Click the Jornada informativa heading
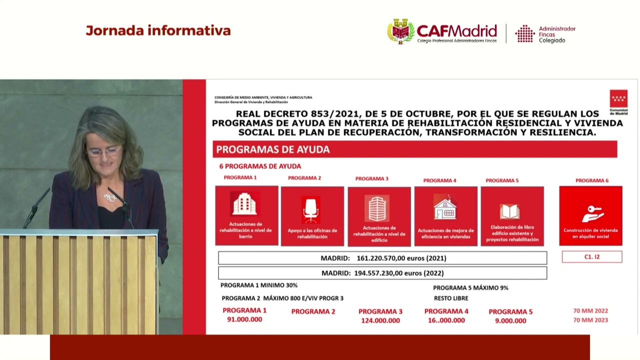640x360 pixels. coord(158,30)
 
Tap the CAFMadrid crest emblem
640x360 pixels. coord(400,31)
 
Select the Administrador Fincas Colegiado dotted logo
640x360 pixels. coord(525,33)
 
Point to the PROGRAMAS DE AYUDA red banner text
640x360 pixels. coord(273,149)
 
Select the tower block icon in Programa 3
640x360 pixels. coord(377,208)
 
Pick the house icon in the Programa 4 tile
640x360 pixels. coord(445,207)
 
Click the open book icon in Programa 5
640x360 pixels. coord(509,211)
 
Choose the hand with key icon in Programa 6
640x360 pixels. coord(592,213)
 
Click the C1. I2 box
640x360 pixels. coord(592,257)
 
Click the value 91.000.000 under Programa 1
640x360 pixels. coord(244,319)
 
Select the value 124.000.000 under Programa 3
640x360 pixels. coord(380,320)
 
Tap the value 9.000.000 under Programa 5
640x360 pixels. coord(510,321)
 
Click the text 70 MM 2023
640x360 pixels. coord(590,320)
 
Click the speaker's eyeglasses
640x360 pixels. coord(104,150)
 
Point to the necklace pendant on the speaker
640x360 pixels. coord(109,197)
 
